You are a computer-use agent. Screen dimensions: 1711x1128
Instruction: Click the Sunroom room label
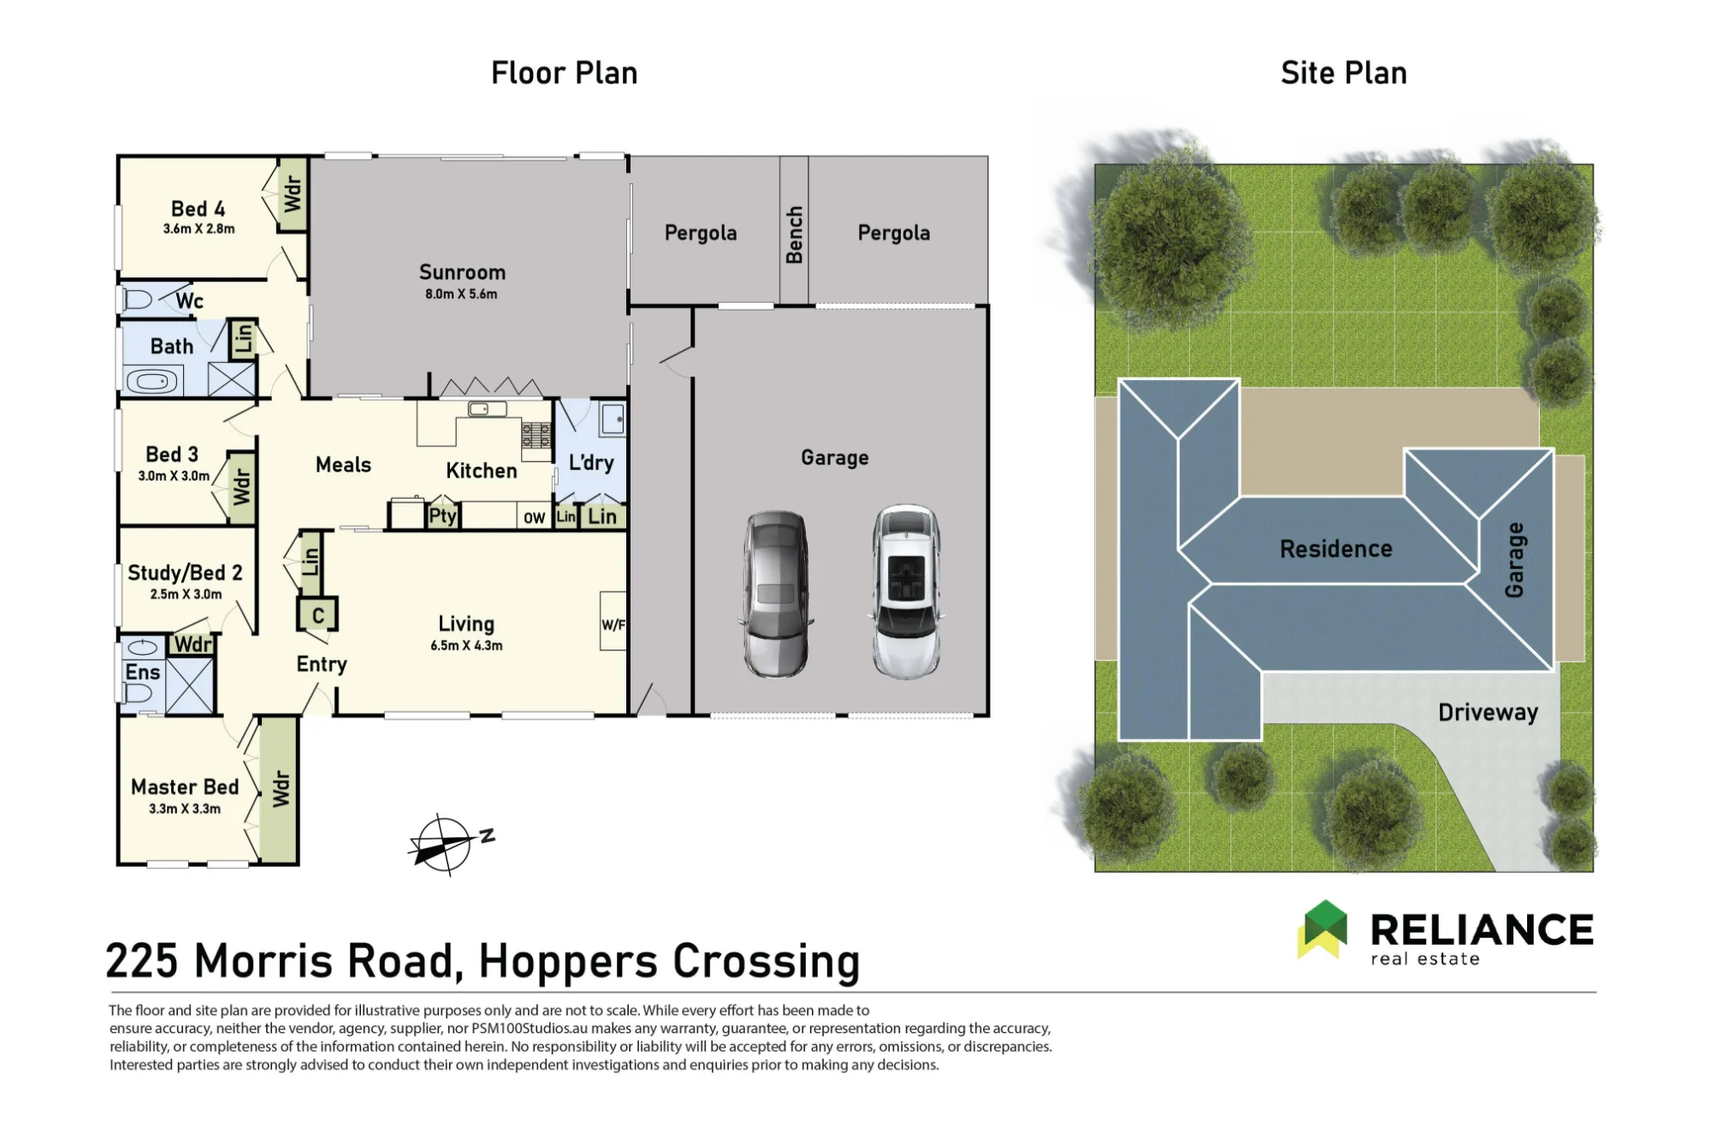pos(462,272)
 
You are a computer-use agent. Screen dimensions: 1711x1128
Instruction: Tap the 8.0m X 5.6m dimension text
pos(461,294)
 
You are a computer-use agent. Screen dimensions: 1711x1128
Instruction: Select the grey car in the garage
pos(775,594)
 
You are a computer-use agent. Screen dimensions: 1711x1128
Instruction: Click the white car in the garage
pos(906,591)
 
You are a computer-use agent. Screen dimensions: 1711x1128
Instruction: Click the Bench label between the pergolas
pos(794,235)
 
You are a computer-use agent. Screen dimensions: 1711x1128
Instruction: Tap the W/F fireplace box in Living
pos(613,620)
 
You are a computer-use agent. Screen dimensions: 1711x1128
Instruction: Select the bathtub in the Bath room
pos(153,381)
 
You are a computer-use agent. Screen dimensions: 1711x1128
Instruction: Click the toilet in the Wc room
pos(138,300)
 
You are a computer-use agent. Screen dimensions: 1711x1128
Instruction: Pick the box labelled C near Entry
pos(317,614)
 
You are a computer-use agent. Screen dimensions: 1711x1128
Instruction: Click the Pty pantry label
pos(442,515)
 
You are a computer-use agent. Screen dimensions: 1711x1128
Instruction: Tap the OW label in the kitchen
pos(534,518)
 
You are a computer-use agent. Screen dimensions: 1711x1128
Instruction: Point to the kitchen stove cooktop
pos(536,435)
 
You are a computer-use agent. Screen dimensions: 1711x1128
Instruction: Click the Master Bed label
pos(185,787)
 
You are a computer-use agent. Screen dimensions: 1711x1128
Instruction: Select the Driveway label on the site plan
pos(1488,712)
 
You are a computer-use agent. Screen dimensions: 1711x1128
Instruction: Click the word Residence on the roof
pos(1335,549)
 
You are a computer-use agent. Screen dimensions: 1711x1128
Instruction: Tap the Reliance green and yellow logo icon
pos(1323,929)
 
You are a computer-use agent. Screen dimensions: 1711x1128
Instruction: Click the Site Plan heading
pos(1343,73)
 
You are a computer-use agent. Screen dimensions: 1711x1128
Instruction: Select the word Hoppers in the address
pos(569,962)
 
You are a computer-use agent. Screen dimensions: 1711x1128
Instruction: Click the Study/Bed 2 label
pos(185,573)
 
